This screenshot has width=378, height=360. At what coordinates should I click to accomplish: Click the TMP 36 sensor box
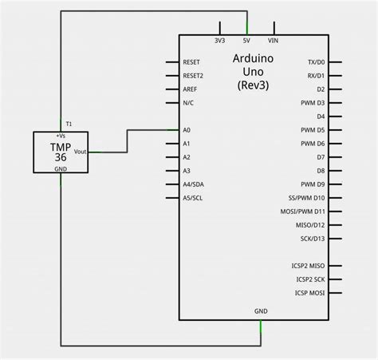[61, 152]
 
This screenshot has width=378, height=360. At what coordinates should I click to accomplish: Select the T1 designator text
[69, 125]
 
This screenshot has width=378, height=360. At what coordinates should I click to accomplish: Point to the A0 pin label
[187, 129]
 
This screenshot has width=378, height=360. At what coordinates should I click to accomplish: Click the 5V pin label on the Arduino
[246, 41]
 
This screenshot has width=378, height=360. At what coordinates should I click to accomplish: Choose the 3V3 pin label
[219, 41]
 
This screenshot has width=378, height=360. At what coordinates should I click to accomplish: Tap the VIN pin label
[274, 41]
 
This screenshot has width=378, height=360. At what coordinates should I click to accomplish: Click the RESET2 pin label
[193, 75]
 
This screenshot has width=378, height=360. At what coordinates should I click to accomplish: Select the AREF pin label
[190, 89]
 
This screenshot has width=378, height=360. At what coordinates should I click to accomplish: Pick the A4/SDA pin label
[193, 184]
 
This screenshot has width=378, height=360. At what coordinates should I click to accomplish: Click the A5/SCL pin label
[192, 197]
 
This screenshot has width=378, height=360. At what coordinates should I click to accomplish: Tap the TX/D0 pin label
[316, 61]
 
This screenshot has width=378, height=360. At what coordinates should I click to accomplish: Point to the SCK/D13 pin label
[313, 238]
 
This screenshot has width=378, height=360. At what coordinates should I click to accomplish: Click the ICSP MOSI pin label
[310, 292]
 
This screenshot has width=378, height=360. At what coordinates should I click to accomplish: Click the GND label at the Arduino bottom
[261, 311]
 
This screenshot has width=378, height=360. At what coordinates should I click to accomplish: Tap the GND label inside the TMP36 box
[61, 168]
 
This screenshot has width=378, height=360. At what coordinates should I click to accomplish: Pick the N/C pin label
[188, 102]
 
